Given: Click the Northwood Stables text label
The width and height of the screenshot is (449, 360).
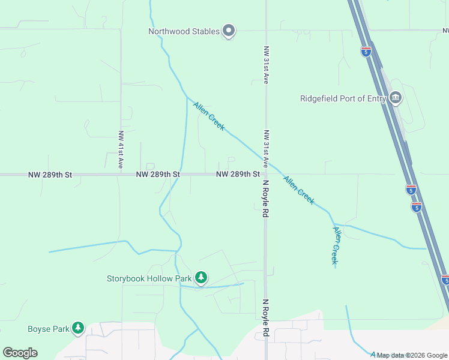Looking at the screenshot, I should (x=184, y=32).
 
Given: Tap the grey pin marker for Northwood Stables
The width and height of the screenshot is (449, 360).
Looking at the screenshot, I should (x=229, y=31).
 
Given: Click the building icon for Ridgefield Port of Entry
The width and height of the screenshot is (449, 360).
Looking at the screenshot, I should (x=395, y=98).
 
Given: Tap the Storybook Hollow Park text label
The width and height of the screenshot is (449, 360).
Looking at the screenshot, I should (x=149, y=278).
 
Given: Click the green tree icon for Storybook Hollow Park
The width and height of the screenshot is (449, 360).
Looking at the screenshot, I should (x=202, y=277).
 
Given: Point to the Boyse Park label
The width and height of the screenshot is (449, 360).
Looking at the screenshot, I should (x=48, y=329).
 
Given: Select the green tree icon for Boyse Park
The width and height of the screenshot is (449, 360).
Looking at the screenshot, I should (x=77, y=328).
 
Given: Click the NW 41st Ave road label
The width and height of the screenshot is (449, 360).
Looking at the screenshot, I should (x=121, y=149).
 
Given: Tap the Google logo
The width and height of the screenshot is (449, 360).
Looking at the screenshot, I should (x=20, y=353).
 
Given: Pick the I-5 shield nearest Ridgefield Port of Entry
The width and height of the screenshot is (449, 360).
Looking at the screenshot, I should (x=366, y=51).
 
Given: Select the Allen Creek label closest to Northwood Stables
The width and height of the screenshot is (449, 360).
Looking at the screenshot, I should (x=209, y=116).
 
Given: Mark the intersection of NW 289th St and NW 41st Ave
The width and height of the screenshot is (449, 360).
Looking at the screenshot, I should (x=121, y=175).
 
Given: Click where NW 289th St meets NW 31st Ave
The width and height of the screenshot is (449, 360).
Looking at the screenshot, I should (x=265, y=175).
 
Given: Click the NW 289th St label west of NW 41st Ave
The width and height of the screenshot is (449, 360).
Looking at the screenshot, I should (x=50, y=175).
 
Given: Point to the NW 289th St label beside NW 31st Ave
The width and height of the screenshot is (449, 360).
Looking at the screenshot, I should (x=238, y=175).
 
